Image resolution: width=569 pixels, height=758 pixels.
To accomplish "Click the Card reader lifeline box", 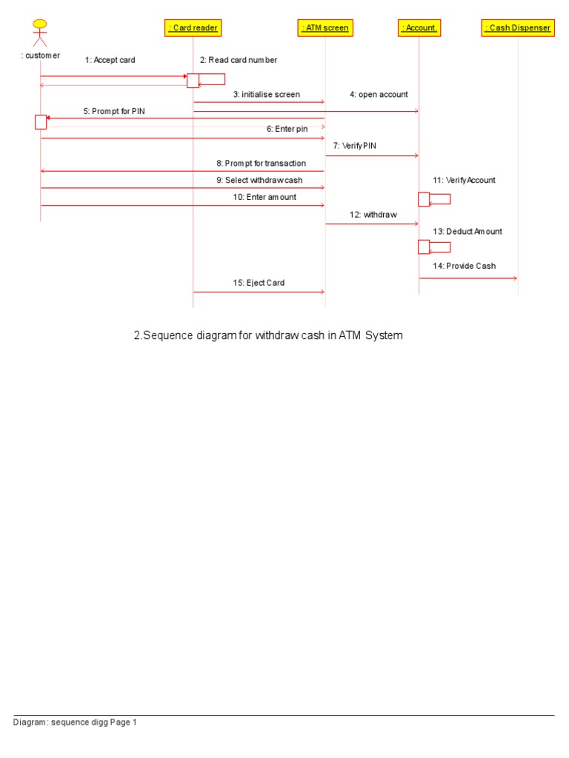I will coord(193,28).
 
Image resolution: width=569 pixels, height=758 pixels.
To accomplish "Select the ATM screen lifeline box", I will coord(325,28).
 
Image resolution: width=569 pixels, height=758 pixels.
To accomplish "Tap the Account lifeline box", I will coord(419,28).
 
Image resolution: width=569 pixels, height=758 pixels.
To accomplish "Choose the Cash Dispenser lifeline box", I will coord(518,28).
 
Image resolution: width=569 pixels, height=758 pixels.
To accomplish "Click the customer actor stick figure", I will coord(40,34).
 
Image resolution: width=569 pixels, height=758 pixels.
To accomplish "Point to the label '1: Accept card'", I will coord(110,60).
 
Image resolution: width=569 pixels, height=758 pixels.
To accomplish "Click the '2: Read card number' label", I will coord(239,60).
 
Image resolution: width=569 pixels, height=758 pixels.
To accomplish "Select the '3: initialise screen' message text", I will coord(267,95).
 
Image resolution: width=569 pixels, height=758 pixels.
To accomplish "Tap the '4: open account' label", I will coord(379,95).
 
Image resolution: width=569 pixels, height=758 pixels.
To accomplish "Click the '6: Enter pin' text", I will coord(287,129).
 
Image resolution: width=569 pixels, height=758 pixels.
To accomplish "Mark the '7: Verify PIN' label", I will coord(355,146).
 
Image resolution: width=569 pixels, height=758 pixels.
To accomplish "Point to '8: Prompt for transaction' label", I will coord(261,163).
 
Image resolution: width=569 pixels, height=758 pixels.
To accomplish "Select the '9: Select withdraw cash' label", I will coord(260,180).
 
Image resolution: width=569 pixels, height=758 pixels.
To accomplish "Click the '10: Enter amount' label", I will coord(264,197).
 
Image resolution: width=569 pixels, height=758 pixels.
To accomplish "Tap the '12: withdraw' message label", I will coord(373,215).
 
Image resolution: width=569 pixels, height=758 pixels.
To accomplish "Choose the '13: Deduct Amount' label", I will coord(467,232).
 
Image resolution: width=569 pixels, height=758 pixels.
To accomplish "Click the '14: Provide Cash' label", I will coord(465,266).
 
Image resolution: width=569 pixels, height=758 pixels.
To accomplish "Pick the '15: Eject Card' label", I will coord(259,283).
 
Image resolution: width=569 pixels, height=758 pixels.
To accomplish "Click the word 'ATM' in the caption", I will coord(349,335).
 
